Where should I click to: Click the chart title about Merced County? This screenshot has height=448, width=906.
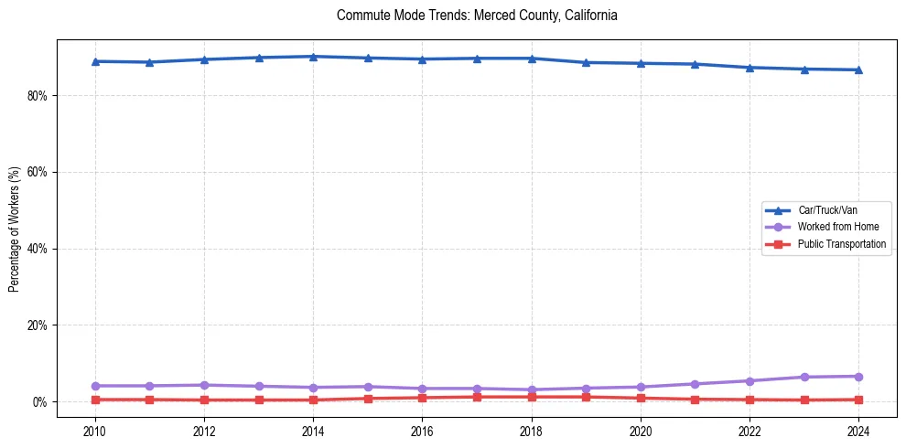coord(477,16)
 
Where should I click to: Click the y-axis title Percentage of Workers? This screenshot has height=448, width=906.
coord(14,229)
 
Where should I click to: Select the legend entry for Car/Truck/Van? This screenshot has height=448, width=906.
coord(826,210)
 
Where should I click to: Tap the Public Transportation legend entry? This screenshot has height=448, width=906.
coord(841,244)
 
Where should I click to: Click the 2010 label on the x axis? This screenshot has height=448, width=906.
coord(94,431)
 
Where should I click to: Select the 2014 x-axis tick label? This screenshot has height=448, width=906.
coord(313,431)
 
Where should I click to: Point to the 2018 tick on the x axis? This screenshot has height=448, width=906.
coord(532,431)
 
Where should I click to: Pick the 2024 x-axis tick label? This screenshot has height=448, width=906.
coord(858,431)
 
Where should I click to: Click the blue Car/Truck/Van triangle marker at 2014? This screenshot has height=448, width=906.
coord(313,57)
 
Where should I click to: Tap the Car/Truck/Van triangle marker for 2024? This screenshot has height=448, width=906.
coord(858,69)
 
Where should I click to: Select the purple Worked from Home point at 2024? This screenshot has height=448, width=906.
coord(858,377)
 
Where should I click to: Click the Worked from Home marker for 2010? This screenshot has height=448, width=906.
coord(94,386)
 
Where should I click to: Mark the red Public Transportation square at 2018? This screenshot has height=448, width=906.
coord(532,397)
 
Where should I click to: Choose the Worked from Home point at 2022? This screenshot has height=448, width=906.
coord(750,380)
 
